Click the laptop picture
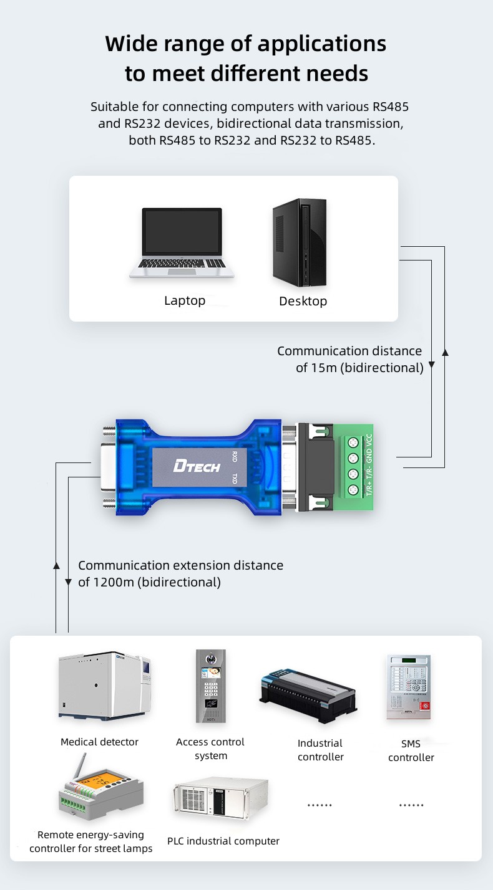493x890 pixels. (x=182, y=243)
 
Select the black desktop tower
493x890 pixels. (x=299, y=242)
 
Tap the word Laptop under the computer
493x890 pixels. (x=185, y=301)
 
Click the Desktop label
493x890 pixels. (x=303, y=302)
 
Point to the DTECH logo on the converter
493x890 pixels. (x=197, y=465)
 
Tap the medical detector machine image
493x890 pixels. (x=105, y=686)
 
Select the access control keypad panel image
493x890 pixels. (x=211, y=686)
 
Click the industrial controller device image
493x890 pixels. (x=308, y=696)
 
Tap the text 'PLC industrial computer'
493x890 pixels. (x=223, y=841)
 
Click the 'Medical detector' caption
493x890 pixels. (x=99, y=742)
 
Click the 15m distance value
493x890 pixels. (x=325, y=368)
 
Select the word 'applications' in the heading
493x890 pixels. (x=322, y=44)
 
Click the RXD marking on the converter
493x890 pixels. (x=235, y=457)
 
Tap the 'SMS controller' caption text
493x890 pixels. (x=411, y=751)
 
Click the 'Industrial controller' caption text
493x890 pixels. (x=320, y=750)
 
